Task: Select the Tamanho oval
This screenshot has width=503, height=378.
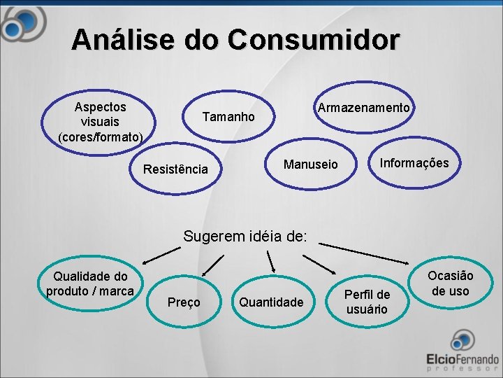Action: click(228, 116)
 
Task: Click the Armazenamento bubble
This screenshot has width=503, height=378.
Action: click(363, 108)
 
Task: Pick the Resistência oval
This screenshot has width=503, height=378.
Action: click(175, 169)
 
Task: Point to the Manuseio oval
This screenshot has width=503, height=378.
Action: click(310, 164)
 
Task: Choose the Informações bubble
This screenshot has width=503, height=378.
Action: click(414, 163)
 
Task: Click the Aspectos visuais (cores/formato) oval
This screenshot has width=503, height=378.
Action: click(101, 121)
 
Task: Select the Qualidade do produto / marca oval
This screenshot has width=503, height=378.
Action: click(89, 283)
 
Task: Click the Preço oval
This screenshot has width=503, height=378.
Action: click(184, 302)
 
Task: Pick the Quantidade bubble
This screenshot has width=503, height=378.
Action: click(271, 302)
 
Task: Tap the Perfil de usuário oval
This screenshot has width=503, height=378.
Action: click(367, 301)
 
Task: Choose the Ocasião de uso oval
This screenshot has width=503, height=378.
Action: click(450, 283)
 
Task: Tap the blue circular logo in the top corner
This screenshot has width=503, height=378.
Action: click(21, 24)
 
